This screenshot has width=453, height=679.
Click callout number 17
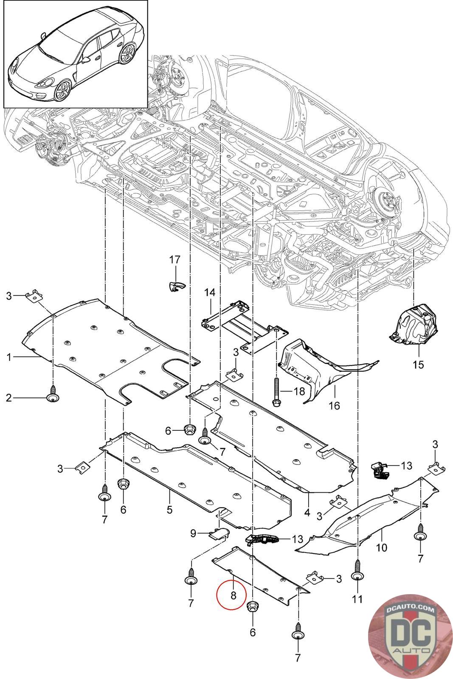pyautogui.click(x=175, y=260)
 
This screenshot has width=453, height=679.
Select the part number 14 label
pyautogui.click(x=210, y=292)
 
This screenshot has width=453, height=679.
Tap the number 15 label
pyautogui.click(x=418, y=364)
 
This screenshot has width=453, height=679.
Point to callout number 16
pyautogui.click(x=334, y=406)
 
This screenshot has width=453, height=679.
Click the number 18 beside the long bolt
pyautogui.click(x=299, y=391)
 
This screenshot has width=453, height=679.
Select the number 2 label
pyautogui.click(x=9, y=398)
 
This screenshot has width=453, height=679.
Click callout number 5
pyautogui.click(x=169, y=509)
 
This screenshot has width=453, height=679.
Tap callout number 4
pyautogui.click(x=307, y=512)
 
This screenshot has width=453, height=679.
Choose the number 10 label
pyautogui.click(x=382, y=547)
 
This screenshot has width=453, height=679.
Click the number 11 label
pyautogui.click(x=357, y=599)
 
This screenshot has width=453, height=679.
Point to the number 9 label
pyautogui.click(x=193, y=533)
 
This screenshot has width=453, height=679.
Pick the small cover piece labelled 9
pyautogui.click(x=219, y=533)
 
